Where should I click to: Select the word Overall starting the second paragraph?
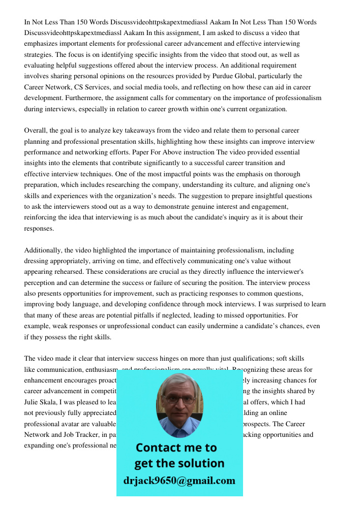pos(37,131)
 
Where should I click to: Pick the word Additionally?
pos(44,250)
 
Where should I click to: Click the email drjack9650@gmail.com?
pos(179,481)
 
